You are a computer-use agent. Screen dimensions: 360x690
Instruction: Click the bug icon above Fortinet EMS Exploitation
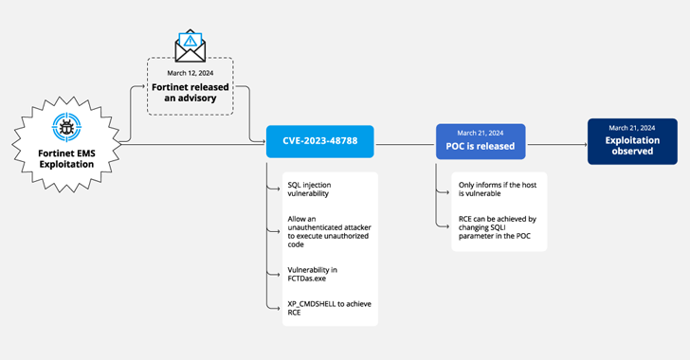(x=66, y=127)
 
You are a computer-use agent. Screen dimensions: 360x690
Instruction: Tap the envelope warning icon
(x=191, y=46)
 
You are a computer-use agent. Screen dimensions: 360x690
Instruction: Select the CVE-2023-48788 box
(x=320, y=142)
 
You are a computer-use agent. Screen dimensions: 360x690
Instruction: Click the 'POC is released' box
(x=480, y=140)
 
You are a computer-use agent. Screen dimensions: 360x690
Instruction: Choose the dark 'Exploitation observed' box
(x=631, y=140)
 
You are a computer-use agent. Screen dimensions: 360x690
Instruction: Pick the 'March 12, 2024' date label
(x=191, y=74)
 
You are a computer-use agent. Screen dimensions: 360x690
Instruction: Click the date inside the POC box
(x=480, y=133)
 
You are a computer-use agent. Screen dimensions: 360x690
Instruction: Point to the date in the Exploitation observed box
(x=631, y=128)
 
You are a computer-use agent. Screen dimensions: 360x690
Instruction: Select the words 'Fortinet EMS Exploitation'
(x=66, y=157)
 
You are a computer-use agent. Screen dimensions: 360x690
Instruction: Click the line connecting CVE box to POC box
(x=405, y=146)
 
